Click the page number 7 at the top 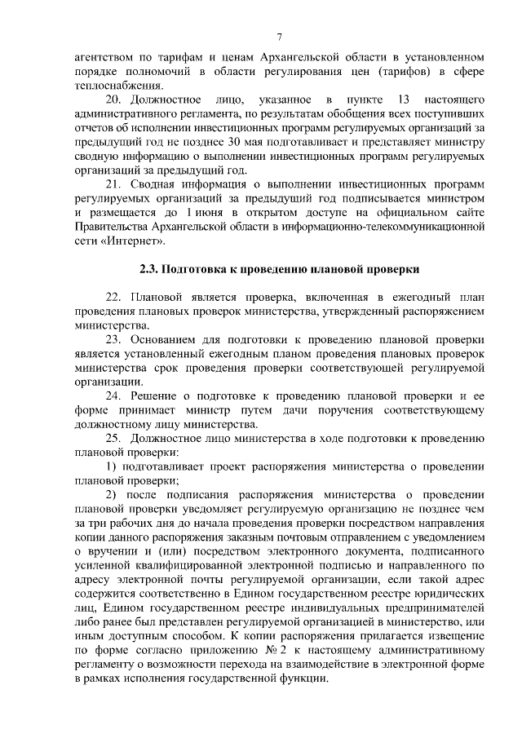[x=279, y=37]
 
